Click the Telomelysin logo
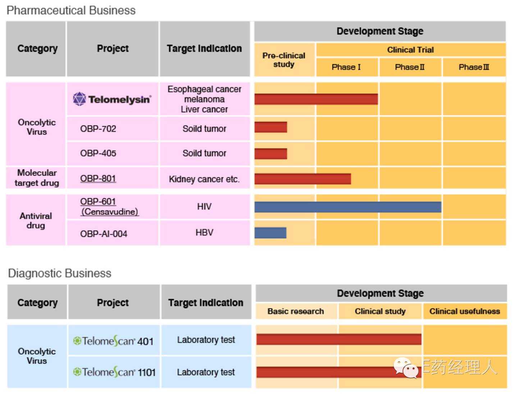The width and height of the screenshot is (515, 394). [x=112, y=99]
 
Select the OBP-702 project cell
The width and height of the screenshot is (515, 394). [x=98, y=129]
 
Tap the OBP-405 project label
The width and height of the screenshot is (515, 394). [x=98, y=153]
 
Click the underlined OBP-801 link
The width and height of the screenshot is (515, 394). [x=98, y=178]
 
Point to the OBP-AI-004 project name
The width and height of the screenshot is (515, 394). [x=104, y=234]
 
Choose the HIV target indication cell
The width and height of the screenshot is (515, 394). [x=204, y=206]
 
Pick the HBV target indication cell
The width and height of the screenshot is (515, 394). [x=204, y=232]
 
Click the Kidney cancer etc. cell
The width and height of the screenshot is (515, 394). [x=204, y=179]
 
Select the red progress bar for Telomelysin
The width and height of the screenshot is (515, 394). [x=316, y=99]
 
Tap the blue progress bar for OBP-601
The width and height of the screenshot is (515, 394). [x=348, y=207]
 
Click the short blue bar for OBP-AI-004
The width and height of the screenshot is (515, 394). [x=270, y=233]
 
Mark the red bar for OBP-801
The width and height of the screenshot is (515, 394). [x=302, y=179]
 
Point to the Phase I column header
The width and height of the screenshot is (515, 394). [x=346, y=67]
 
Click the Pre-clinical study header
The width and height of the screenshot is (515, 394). [x=284, y=60]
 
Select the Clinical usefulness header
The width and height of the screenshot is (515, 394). [x=465, y=311]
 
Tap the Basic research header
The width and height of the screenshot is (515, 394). [x=296, y=311]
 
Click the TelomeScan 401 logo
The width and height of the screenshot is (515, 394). [x=113, y=341]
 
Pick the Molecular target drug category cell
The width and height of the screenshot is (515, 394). [x=37, y=178]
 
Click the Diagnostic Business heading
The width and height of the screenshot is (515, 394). [x=60, y=273]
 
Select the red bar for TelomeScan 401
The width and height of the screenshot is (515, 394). [x=339, y=339]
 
